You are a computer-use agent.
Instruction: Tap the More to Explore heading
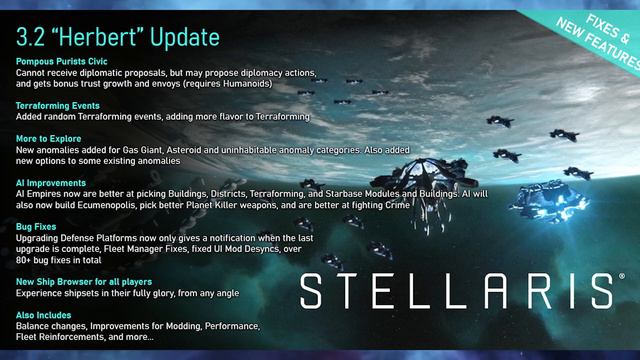click(47, 136)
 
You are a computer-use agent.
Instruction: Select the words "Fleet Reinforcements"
click(63, 337)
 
